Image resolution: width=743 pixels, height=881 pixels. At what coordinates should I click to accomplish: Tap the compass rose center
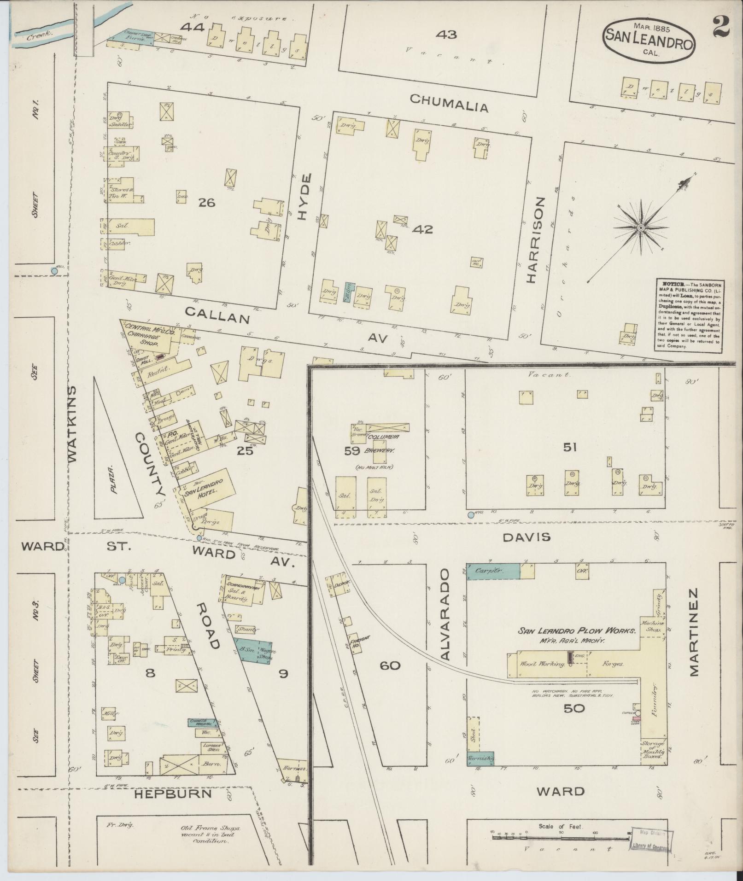640,228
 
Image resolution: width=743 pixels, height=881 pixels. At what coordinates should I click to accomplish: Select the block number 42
423,229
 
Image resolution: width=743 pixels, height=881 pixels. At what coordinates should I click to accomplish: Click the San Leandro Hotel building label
204,487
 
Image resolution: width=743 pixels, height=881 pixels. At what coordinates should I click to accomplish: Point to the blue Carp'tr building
493,571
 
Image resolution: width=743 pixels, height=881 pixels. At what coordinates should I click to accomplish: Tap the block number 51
569,447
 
